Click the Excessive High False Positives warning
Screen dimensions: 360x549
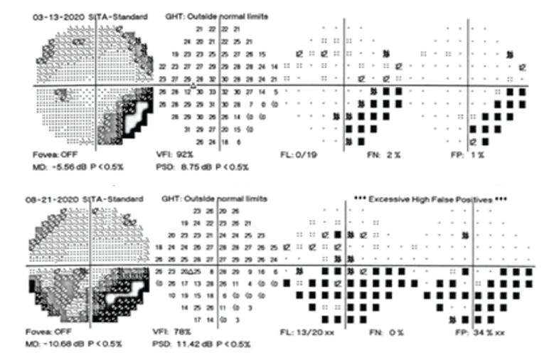coord(430,200)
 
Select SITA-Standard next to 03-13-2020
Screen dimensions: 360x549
coord(117,16)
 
